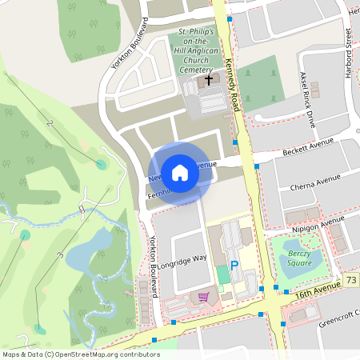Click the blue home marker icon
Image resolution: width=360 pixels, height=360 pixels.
pos(180,173)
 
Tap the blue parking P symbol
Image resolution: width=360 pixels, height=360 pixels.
pos(234,266)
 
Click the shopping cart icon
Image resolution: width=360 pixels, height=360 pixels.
pos(203,298)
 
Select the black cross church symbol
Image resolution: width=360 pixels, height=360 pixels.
pos(210,80)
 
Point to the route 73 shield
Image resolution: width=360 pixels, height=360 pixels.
pos(351,279)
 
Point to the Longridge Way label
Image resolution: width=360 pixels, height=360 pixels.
pos(183,258)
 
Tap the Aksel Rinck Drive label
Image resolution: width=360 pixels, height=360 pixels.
pos(307,98)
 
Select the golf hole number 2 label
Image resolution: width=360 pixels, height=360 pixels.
pos(50,124)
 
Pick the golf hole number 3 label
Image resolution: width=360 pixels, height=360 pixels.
pos(59,255)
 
